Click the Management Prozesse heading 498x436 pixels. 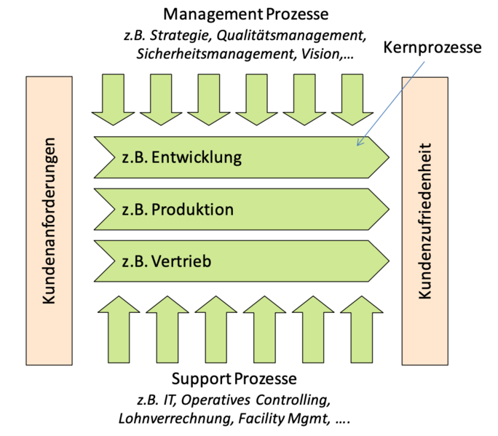246,14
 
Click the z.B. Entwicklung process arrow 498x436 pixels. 240,156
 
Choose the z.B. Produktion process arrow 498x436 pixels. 240,210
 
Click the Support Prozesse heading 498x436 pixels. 234,379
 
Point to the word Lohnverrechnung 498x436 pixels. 170,419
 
